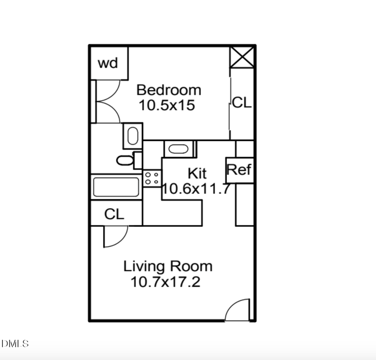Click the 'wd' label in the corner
point(108,63)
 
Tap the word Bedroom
point(168,89)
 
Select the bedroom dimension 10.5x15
point(166,105)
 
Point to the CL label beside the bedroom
point(242,103)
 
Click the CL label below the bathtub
point(114,215)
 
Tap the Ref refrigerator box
point(239,170)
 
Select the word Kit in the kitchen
point(197,173)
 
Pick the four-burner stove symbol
point(151,178)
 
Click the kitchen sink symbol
point(178,149)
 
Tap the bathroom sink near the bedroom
point(133,136)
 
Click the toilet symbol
point(126,160)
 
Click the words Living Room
point(168,266)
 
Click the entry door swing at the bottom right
point(239,311)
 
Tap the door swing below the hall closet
point(115,236)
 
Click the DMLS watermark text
point(15,344)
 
